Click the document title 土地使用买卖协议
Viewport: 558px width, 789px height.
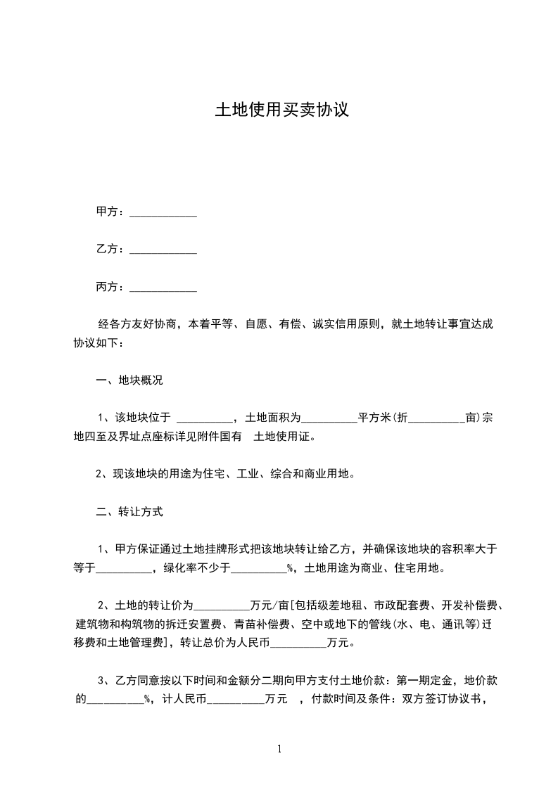point(281,111)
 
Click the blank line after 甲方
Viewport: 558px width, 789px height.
point(163,212)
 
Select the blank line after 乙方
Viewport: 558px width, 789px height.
point(163,250)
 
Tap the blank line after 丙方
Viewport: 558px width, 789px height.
point(163,288)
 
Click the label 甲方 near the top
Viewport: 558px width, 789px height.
point(106,212)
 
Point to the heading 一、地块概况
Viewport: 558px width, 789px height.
point(129,380)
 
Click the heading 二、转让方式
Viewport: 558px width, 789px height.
point(129,512)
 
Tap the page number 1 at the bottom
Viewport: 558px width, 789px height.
point(280,748)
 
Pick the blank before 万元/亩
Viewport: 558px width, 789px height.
point(221,605)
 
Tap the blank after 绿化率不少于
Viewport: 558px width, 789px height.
point(259,568)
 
